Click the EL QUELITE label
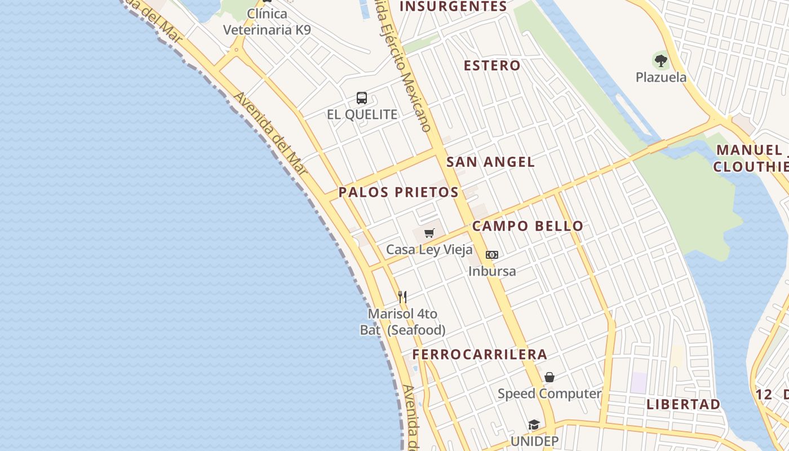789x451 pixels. point(362,114)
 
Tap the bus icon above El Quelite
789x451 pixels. point(362,98)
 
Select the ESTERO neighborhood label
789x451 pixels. point(492,65)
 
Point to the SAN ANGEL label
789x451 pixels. point(490,162)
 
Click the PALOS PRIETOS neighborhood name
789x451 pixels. point(398,192)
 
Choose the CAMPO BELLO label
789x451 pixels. point(528,226)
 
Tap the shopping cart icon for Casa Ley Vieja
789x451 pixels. point(429,233)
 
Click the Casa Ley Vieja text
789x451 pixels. point(429,249)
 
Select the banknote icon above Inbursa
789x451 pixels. point(492,255)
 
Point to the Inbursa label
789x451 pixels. point(492,271)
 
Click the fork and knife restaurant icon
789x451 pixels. point(402,297)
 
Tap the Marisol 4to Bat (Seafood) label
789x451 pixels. point(402,322)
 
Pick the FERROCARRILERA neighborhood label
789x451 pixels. point(480,355)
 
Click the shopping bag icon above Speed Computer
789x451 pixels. point(549,377)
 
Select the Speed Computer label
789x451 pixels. point(549,393)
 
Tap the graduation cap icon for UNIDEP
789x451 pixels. point(534,425)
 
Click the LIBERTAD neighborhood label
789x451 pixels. point(683,404)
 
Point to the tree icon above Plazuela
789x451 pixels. point(661,60)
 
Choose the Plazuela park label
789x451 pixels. point(661,77)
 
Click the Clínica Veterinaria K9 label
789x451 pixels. point(267,21)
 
